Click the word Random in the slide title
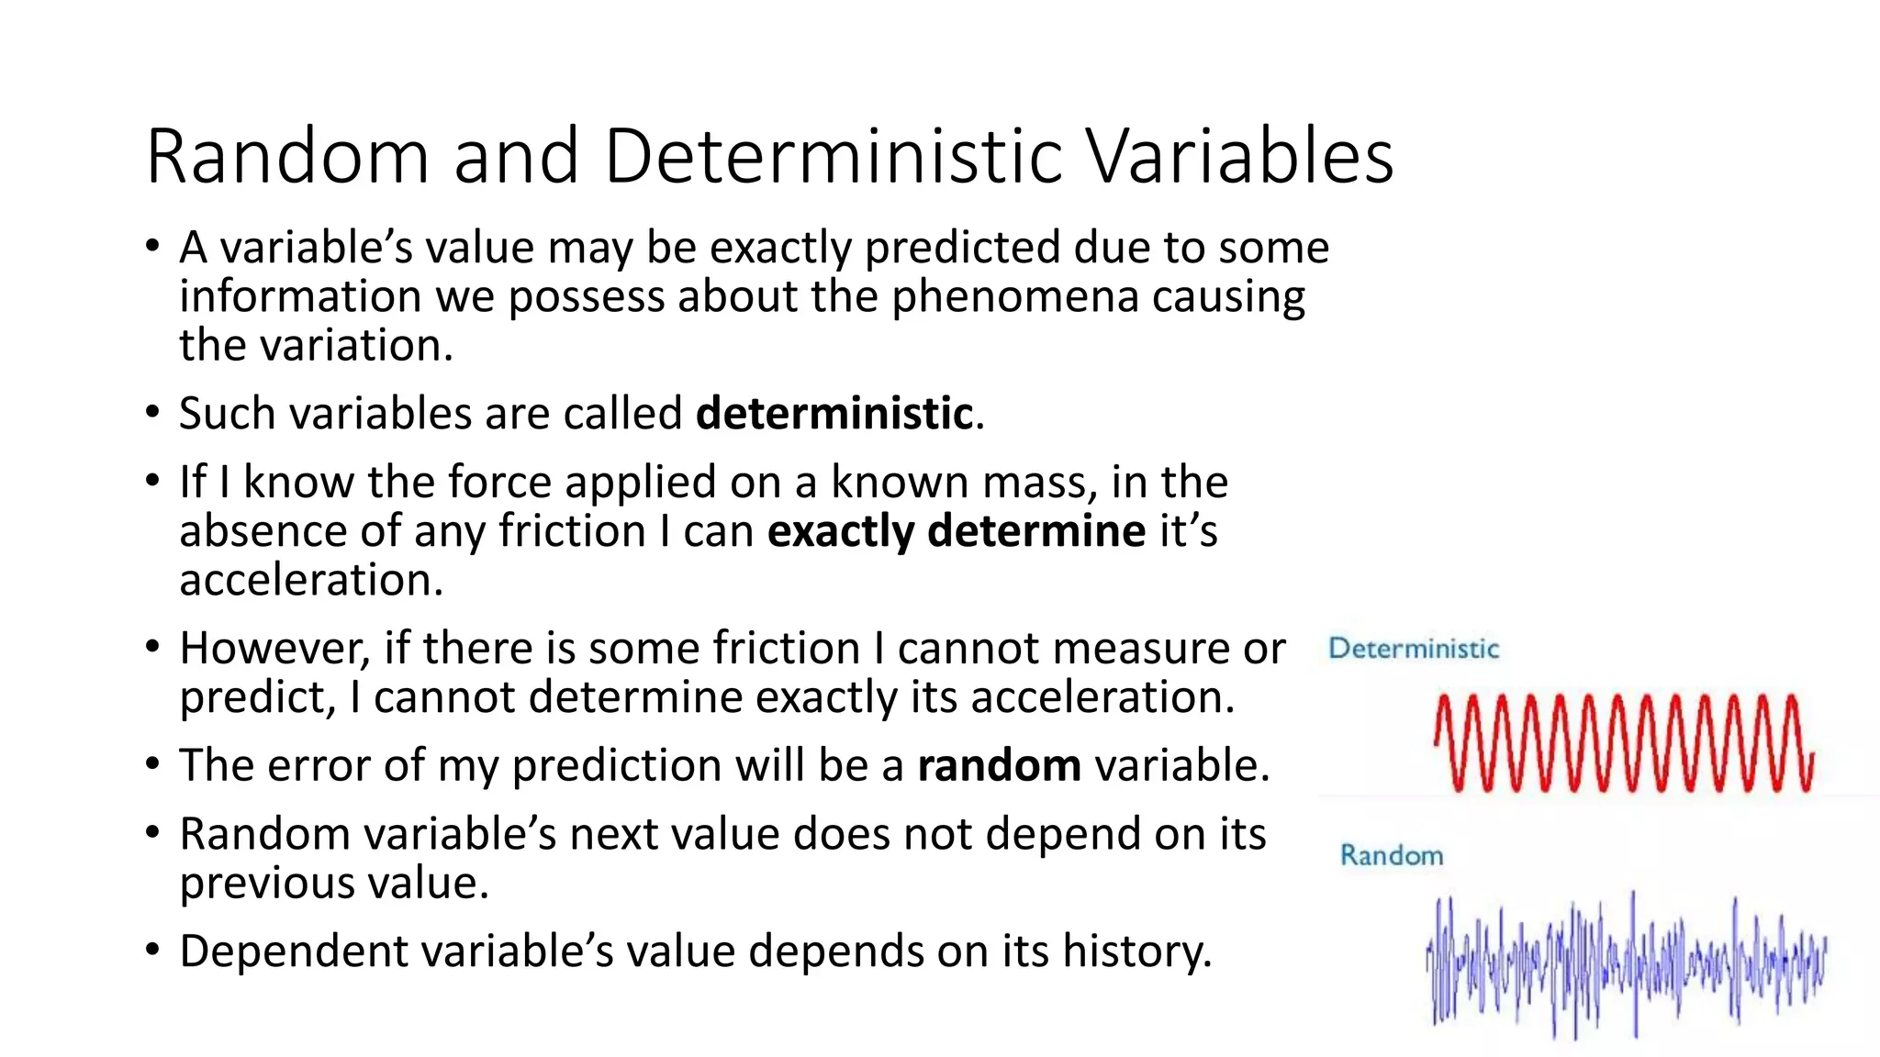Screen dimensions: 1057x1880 tap(287, 157)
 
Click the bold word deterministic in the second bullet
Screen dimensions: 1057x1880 tap(834, 414)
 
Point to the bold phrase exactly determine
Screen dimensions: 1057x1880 tap(956, 532)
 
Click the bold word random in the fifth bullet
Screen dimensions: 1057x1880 tap(999, 766)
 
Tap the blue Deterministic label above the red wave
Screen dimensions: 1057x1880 tap(1414, 650)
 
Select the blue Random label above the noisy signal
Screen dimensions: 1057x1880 tap(1392, 856)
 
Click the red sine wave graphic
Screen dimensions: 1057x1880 tap(1623, 743)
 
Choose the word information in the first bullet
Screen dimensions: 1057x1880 tap(300, 297)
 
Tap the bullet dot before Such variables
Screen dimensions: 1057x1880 tap(152, 413)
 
